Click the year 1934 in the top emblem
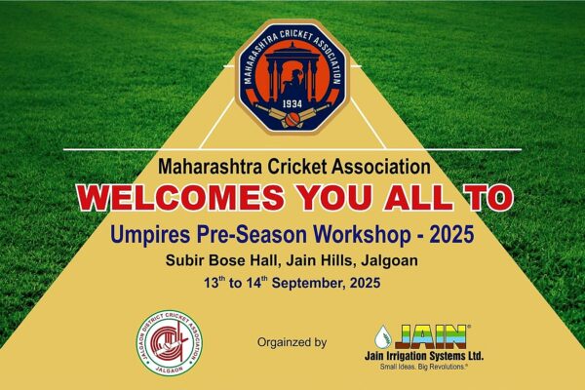point(292,104)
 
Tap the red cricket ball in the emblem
point(292,119)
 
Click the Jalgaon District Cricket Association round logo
point(170,343)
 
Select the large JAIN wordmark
point(432,336)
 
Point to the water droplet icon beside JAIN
point(382,336)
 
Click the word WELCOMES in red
point(181,197)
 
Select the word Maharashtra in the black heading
point(210,167)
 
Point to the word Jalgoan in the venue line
point(389,260)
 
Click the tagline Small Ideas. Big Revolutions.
point(423,367)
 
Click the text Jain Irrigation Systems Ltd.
point(424,356)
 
